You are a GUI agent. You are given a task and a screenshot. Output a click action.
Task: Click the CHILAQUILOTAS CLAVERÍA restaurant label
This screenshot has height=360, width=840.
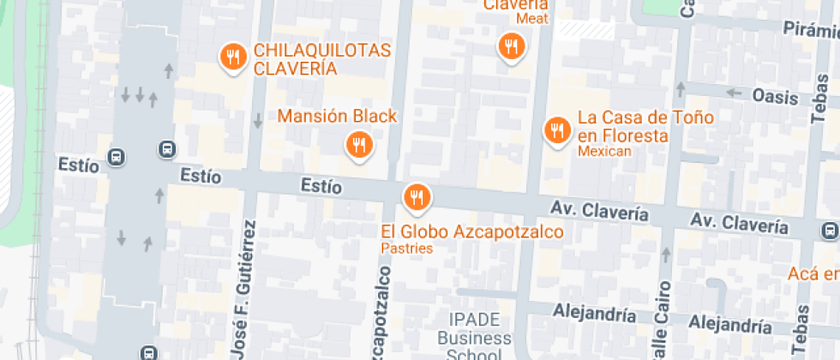[321, 59]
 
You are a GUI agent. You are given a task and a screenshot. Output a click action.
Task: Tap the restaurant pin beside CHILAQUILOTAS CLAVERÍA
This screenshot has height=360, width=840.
[232, 57]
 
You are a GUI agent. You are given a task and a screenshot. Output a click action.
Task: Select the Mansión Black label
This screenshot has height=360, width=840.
[338, 116]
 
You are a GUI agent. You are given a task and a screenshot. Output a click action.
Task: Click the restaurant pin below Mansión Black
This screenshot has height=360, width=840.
[359, 145]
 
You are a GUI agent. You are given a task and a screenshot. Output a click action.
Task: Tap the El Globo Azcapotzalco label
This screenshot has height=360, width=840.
[472, 231]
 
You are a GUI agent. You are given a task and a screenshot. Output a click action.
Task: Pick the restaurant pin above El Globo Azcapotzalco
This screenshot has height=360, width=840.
[417, 197]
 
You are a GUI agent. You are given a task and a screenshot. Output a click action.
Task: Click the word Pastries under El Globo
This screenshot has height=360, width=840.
[407, 249]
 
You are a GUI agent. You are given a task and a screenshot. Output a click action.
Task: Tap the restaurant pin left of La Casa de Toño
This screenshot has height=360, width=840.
[557, 130]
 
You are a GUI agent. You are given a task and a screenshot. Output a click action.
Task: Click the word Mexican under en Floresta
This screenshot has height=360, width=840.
[604, 152]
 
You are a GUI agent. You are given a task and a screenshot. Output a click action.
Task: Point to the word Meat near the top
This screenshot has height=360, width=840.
[531, 18]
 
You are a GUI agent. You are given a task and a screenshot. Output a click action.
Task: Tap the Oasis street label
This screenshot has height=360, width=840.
[775, 96]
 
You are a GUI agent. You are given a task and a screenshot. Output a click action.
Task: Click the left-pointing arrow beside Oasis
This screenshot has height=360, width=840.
[733, 93]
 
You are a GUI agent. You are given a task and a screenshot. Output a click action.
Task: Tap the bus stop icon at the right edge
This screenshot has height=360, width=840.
[830, 231]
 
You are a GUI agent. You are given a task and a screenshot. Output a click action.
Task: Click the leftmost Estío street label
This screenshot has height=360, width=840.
[78, 164]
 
